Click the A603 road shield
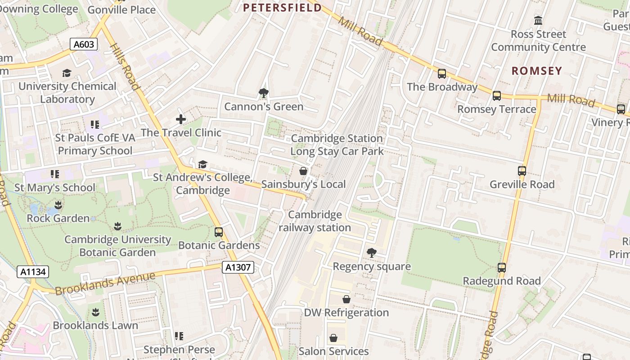(x=84, y=44)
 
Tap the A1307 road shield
(x=238, y=268)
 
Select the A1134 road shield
(x=33, y=272)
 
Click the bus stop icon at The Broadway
(x=442, y=74)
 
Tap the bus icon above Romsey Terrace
(x=497, y=96)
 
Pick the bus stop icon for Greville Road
(x=522, y=171)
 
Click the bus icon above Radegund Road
(x=502, y=268)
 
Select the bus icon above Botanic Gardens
(x=219, y=232)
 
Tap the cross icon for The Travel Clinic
(x=181, y=119)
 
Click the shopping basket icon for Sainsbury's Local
(x=303, y=171)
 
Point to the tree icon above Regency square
(x=371, y=253)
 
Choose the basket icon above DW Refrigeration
(x=346, y=299)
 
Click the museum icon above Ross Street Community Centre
(x=538, y=21)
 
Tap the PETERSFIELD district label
(x=282, y=8)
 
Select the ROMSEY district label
(x=537, y=71)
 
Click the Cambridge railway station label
(x=315, y=221)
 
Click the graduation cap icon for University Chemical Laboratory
(x=67, y=73)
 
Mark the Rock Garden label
(x=58, y=218)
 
